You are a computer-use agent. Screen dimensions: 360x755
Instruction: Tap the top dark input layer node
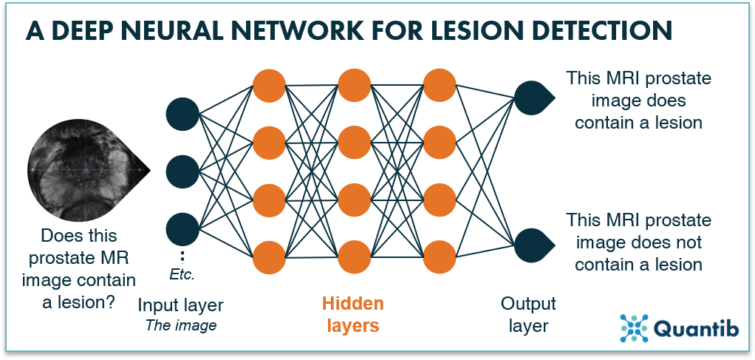pyautogui.click(x=182, y=113)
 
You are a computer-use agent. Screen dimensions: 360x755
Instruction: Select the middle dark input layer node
pyautogui.click(x=182, y=171)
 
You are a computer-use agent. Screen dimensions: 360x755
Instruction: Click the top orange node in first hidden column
pyautogui.click(x=268, y=85)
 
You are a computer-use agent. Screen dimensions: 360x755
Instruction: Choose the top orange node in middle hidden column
pyautogui.click(x=354, y=85)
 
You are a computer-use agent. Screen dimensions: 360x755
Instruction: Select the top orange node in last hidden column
pyautogui.click(x=440, y=85)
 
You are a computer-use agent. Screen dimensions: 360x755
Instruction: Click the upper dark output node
pyautogui.click(x=531, y=98)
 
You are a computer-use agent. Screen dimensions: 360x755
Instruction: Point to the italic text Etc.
pyautogui.click(x=181, y=276)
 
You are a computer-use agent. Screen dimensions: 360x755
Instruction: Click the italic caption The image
pyautogui.click(x=180, y=326)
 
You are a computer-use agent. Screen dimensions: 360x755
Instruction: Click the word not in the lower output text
pyautogui.click(x=686, y=242)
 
